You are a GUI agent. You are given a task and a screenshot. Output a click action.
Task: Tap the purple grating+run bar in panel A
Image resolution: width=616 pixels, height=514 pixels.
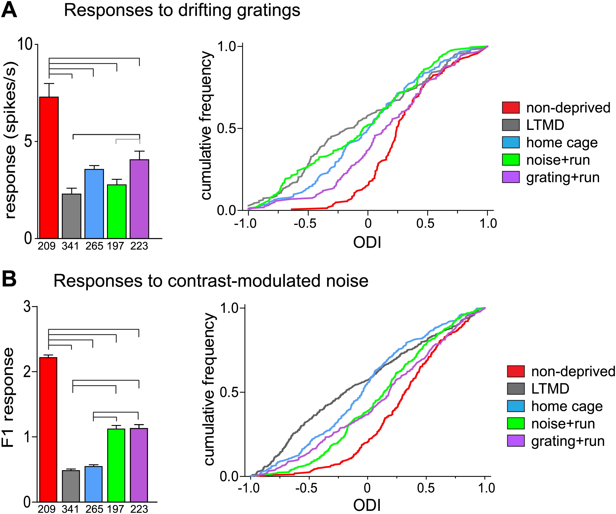coord(139,199)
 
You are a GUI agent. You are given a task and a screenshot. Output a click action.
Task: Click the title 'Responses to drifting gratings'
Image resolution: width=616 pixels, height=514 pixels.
coord(182,11)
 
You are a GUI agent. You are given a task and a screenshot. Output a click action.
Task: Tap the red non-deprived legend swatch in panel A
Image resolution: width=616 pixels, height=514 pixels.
coord(511,108)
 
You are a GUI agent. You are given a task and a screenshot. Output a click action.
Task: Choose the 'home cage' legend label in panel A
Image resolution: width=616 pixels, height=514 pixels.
coord(562,143)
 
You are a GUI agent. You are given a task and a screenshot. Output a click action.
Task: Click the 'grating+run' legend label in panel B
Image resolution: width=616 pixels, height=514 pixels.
coord(568,441)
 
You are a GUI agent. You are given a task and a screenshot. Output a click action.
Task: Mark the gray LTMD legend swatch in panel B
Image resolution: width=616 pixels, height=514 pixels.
coord(516,389)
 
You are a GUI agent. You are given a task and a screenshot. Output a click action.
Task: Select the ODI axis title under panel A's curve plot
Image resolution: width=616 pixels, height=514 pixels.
coord(367,243)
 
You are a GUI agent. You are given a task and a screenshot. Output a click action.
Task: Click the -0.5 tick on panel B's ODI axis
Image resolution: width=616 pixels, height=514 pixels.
coord(306,488)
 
